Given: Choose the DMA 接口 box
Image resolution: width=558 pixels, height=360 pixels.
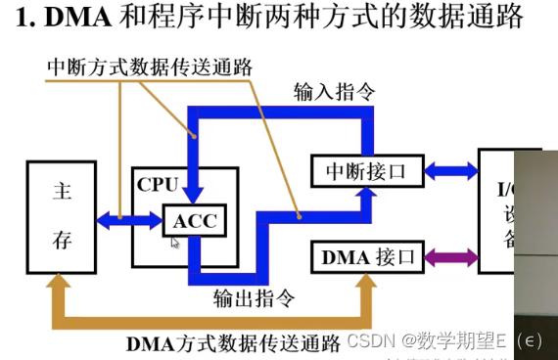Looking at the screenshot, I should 366,258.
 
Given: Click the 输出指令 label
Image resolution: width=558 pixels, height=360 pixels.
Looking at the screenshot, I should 254,296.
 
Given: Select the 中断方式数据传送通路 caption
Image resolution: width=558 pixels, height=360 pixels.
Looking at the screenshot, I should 150,67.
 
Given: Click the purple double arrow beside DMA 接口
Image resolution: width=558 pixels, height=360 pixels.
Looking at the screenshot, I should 450,258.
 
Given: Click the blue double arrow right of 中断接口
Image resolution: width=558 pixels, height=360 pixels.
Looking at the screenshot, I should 450,171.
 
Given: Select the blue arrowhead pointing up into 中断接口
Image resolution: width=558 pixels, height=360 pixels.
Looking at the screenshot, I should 367,197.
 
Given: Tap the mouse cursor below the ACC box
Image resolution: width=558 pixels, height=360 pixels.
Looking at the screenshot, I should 174,242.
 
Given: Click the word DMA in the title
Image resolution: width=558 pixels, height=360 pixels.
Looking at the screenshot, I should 74,19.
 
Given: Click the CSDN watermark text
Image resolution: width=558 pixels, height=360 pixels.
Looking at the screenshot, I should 373,342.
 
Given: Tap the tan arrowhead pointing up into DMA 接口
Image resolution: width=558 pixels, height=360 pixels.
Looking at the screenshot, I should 367,283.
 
